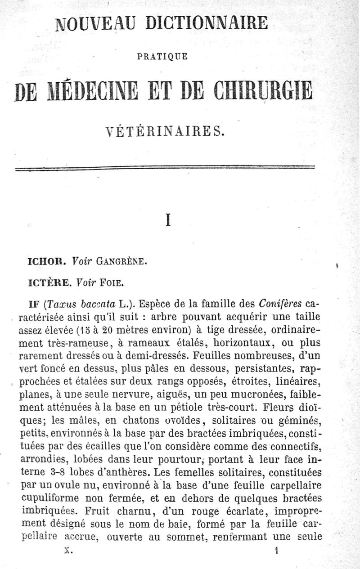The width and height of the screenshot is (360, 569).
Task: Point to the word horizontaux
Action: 244,343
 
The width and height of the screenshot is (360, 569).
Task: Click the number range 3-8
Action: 55,472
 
